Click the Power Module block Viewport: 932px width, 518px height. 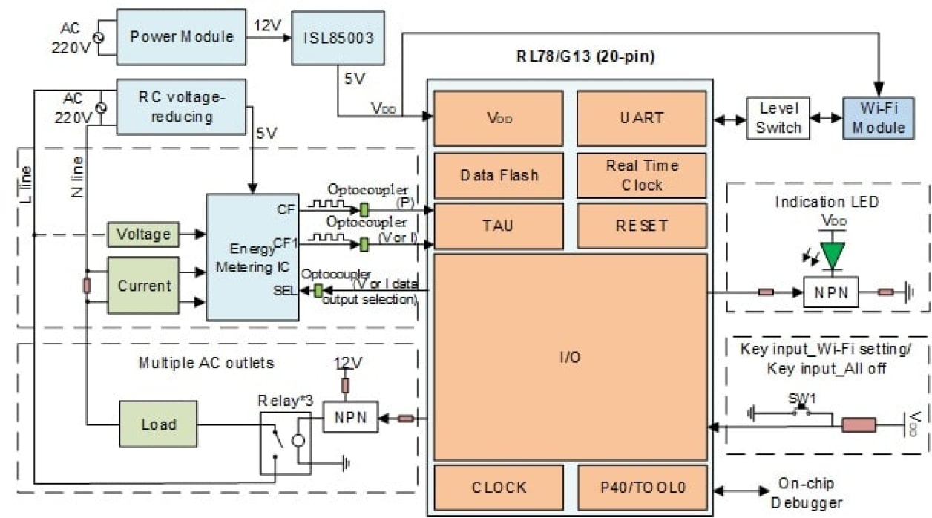click(x=182, y=36)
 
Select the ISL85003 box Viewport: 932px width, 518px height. click(x=338, y=36)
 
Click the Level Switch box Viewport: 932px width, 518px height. click(x=778, y=117)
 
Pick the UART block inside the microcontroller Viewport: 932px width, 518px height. click(x=641, y=118)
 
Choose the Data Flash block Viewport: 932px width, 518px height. click(x=498, y=175)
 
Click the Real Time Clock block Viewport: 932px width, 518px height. click(x=641, y=175)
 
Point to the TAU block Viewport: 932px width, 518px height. click(x=498, y=226)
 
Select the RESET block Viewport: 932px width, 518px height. click(x=641, y=226)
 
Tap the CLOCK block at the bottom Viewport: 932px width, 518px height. click(x=498, y=488)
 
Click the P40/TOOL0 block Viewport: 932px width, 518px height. click(x=641, y=488)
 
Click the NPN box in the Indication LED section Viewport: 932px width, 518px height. click(x=830, y=292)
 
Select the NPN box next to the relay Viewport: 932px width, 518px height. click(x=350, y=417)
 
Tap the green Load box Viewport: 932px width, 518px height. click(x=158, y=424)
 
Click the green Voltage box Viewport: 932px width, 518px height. click(x=143, y=234)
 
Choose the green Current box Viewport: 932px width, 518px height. click(x=143, y=286)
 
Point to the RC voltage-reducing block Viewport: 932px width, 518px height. click(x=181, y=106)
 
